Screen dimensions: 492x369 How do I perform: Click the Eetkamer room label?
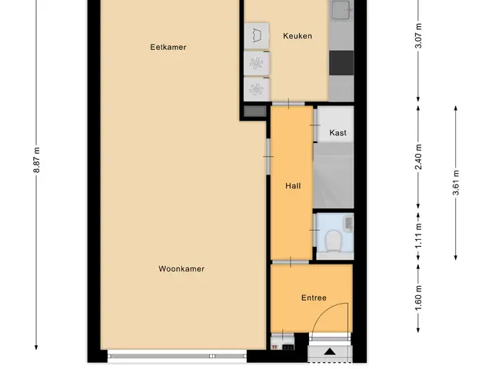pos(168,47)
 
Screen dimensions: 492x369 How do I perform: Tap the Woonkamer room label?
pos(181,269)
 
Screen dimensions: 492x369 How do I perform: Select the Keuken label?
pos(298,36)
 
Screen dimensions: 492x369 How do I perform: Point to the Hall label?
pos(293,186)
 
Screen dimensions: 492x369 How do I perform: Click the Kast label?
pos(338,133)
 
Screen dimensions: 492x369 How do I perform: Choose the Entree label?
pos(314,298)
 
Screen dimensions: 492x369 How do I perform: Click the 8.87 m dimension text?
pos(36,160)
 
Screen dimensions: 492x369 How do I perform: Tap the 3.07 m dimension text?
pos(418,36)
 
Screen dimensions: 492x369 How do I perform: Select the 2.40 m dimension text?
pos(418,157)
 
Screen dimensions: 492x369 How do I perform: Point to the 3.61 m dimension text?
pos(456,183)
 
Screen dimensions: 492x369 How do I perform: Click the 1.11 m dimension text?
pos(418,237)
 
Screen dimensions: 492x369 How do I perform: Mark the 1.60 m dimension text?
pos(418,298)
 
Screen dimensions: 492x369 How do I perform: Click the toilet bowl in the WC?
pos(333,241)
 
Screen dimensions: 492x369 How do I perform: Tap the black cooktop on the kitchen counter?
pos(341,63)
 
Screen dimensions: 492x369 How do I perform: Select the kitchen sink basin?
pos(341,9)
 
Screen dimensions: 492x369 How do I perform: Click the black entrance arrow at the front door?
pos(330,351)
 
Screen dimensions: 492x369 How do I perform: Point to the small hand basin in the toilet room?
pos(349,224)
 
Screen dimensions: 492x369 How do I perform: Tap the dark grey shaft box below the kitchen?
pos(254,111)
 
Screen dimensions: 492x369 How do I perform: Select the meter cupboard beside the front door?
pos(282,341)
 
